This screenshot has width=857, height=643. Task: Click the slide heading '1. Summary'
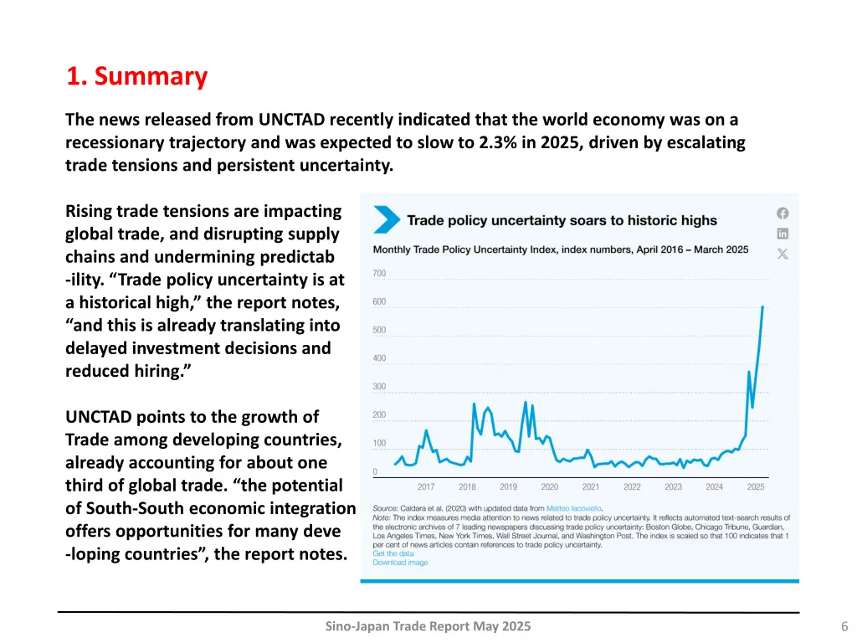136,76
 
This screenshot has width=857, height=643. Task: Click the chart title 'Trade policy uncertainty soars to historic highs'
562,221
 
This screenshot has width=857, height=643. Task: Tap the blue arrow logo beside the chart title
387,220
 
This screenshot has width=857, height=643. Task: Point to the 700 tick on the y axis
379,274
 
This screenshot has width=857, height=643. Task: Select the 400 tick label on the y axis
379,358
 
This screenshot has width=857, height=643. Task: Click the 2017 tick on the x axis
426,486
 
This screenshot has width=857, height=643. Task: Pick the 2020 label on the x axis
550,486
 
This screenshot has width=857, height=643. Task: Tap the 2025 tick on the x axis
756,486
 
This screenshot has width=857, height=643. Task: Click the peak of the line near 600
762,306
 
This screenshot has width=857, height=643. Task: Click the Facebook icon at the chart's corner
783,213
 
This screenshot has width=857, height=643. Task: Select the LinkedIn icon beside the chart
783,234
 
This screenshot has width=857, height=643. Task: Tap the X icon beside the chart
783,254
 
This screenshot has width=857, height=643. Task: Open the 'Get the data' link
393,553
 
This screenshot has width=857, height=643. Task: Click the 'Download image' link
400,563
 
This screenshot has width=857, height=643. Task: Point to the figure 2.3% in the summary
502,142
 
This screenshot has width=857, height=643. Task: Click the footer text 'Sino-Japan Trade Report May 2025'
428,627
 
